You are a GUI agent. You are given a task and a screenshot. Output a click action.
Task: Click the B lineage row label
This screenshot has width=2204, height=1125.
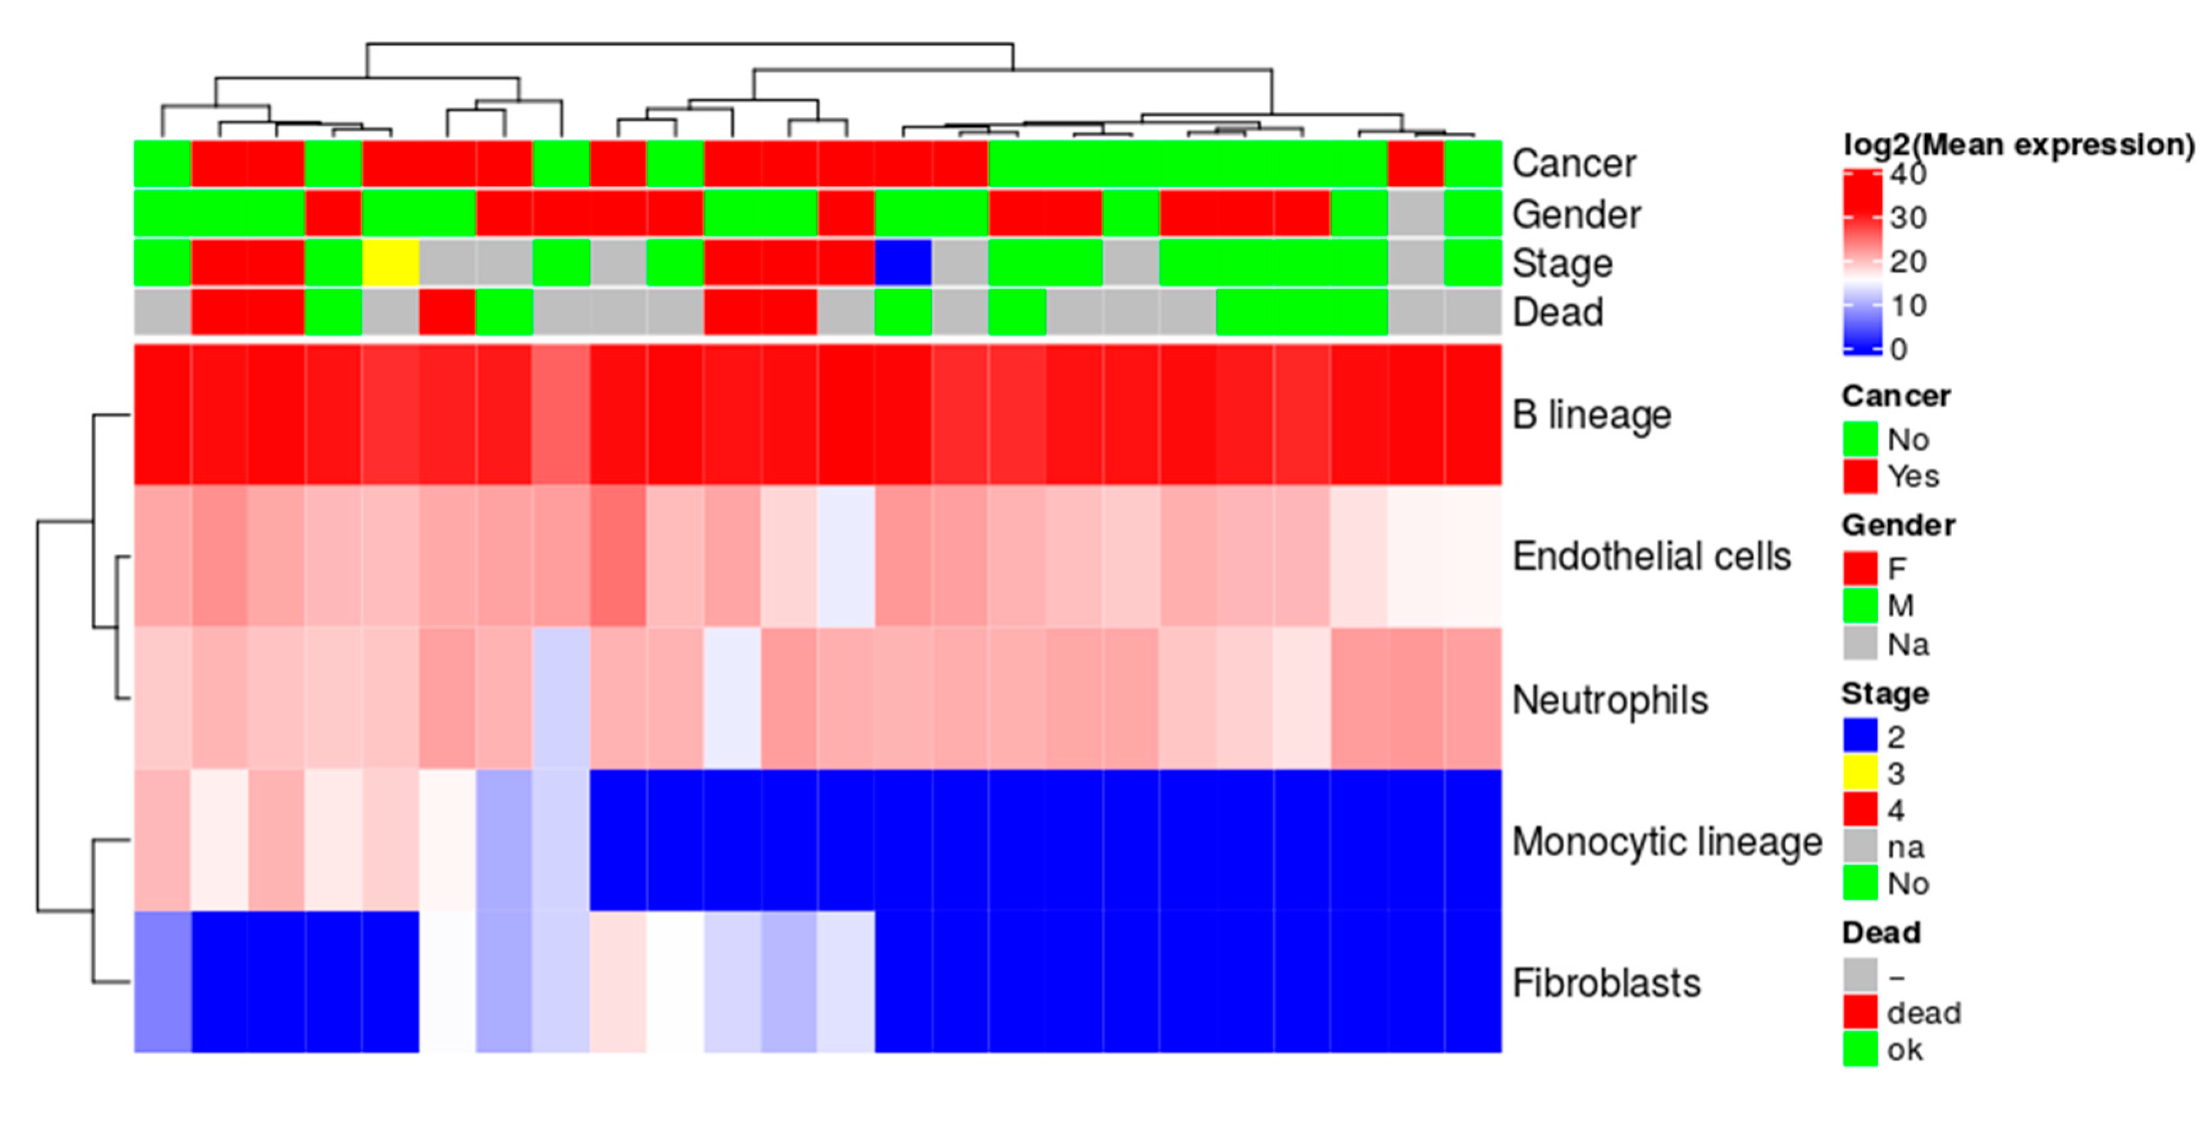click(x=1592, y=416)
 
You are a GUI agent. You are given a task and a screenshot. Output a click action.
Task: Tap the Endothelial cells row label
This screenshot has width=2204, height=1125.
click(x=1651, y=557)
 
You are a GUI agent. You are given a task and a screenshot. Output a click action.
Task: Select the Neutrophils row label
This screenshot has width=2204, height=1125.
click(x=1609, y=701)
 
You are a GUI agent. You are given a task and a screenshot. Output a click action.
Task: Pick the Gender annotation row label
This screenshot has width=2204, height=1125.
click(x=1576, y=215)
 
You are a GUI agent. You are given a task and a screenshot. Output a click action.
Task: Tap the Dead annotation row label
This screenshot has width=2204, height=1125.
click(x=1557, y=313)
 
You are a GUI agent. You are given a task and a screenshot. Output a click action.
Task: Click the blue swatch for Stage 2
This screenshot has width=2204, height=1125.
click(x=1860, y=735)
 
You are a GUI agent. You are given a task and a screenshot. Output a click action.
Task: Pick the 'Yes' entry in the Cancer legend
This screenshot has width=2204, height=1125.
click(x=1913, y=477)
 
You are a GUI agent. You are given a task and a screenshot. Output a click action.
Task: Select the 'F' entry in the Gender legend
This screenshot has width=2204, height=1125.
click(x=1897, y=569)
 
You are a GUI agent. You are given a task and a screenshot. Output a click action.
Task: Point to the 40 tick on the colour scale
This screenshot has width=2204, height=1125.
click(x=1908, y=175)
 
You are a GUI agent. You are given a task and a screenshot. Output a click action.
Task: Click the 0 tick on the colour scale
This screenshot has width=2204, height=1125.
click(x=1898, y=349)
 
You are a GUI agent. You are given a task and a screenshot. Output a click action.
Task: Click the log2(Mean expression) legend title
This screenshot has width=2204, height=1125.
click(x=2018, y=145)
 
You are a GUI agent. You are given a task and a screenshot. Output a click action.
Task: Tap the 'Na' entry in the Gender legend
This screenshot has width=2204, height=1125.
click(x=1908, y=644)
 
